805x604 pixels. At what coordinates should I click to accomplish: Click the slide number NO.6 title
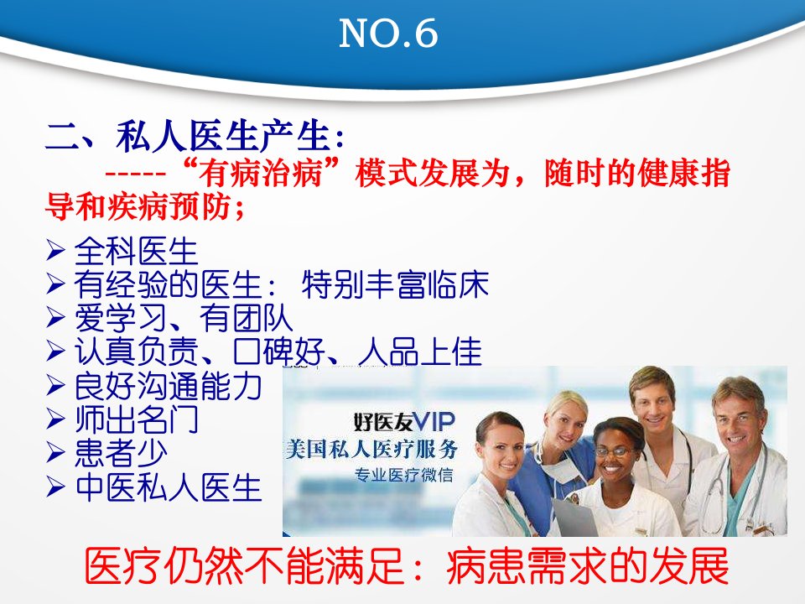click(x=388, y=34)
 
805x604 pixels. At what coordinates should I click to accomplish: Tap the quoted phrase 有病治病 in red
click(x=262, y=173)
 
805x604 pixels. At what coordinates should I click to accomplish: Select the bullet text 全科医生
click(x=136, y=252)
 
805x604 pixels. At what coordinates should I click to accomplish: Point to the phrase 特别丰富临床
click(x=395, y=284)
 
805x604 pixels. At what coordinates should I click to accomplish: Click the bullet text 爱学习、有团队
click(x=184, y=319)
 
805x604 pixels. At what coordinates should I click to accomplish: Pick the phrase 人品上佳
click(x=420, y=351)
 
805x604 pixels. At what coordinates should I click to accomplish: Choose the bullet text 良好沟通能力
click(x=169, y=386)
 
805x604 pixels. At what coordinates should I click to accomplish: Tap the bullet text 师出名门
click(x=137, y=419)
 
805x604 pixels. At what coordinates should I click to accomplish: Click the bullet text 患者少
click(x=121, y=453)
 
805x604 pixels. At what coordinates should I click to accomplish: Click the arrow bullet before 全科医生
click(x=55, y=250)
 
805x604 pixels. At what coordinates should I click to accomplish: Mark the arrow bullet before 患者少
click(x=55, y=452)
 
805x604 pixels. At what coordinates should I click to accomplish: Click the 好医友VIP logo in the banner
click(x=404, y=422)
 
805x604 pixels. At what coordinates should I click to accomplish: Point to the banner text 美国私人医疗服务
click(x=372, y=450)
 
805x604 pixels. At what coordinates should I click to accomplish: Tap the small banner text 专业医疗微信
click(x=404, y=475)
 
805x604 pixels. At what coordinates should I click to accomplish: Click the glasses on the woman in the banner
click(x=612, y=452)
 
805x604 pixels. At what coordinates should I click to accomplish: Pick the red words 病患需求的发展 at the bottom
click(x=588, y=566)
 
